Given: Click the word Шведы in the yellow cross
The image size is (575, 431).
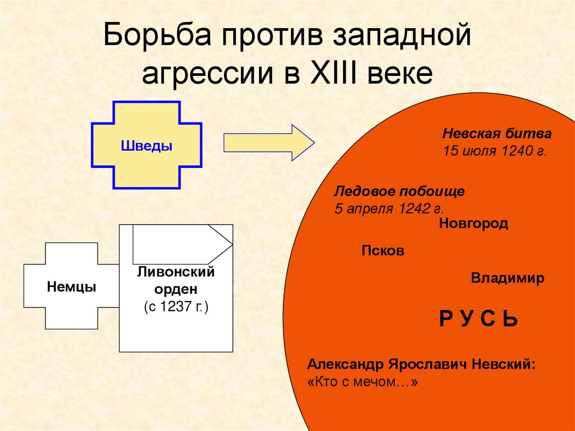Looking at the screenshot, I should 147,146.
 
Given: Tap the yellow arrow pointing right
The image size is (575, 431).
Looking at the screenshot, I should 268,143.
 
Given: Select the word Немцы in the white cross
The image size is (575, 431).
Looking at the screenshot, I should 71,287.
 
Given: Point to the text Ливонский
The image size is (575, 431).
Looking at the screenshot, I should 176,273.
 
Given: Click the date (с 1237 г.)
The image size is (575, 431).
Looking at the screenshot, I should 176,307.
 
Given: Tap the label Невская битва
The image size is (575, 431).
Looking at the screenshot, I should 497,134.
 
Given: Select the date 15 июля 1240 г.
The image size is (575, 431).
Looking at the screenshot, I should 494,152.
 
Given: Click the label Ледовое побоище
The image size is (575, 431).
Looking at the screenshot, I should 400,191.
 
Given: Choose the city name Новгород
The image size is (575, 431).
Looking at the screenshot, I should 473,224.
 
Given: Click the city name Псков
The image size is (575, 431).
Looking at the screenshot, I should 383,251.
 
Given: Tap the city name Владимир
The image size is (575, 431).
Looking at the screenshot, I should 508,279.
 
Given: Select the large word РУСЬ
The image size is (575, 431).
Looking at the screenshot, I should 478,319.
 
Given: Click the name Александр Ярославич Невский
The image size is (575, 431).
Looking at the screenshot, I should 421,364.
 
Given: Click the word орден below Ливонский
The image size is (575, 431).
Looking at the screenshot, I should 176,290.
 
